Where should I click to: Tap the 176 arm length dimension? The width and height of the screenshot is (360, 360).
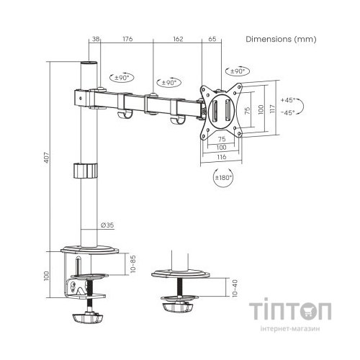click(127, 40)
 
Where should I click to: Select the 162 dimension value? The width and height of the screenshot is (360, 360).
click(178, 40)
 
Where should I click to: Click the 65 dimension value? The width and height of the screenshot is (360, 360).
click(212, 40)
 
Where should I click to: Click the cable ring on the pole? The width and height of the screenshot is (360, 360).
click(86, 171)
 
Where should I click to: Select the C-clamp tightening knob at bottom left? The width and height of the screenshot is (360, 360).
click(89, 315)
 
